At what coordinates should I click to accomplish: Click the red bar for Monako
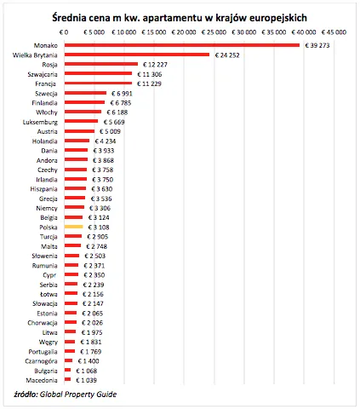(182, 45)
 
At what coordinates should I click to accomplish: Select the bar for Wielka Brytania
(136, 55)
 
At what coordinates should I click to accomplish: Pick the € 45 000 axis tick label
(334, 31)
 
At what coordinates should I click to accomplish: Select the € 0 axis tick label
(64, 31)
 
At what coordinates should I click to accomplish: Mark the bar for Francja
(97, 84)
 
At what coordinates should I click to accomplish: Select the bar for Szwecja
(84, 93)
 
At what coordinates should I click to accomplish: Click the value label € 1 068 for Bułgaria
(88, 371)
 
